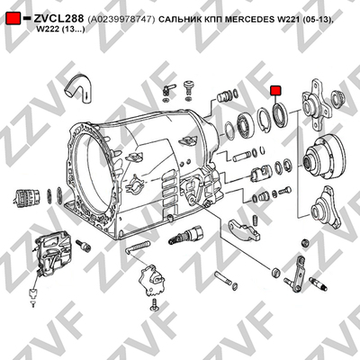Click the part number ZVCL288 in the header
point(58,19)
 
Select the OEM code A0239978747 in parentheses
point(121,19)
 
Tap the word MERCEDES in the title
point(248,19)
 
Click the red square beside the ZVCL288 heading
point(13,19)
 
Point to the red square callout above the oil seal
point(275,90)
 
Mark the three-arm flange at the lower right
point(326,209)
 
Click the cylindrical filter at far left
point(27,198)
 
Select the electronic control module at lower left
point(53,254)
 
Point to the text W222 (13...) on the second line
point(60,30)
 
